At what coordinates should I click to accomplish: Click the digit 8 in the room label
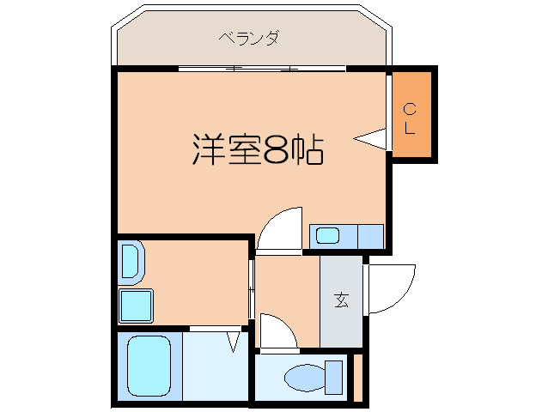click(x=276, y=150)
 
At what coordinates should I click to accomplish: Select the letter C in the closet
click(x=410, y=108)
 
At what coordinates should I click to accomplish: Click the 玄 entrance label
click(x=342, y=300)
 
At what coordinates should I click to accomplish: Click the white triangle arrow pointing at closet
click(x=371, y=138)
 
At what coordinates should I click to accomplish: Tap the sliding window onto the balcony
click(x=262, y=68)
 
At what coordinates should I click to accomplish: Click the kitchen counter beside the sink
click(x=370, y=235)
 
